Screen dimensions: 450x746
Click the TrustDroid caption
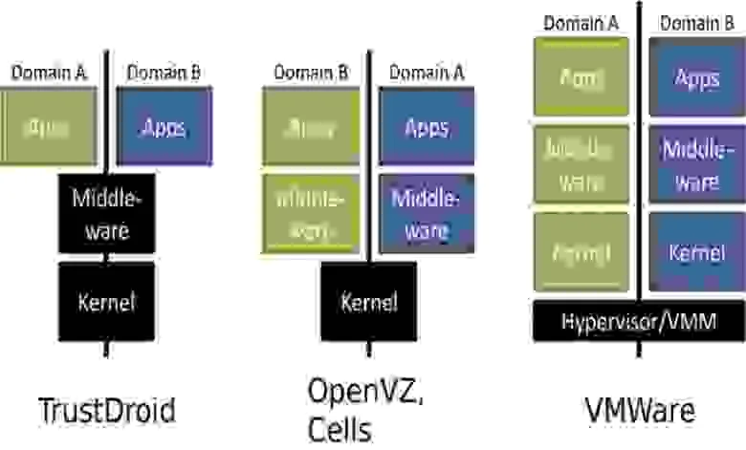coord(107,410)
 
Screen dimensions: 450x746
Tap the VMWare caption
coord(640,410)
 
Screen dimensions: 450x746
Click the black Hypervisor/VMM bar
coord(639,320)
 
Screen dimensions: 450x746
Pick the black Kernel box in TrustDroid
coord(105,303)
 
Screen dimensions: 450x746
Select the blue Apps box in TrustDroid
coord(165,127)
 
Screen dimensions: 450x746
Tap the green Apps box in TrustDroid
coord(48,127)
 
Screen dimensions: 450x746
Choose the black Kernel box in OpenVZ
coord(369,301)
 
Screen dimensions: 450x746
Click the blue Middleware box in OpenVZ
coord(427,212)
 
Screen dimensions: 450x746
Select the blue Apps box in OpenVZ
coord(427,127)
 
